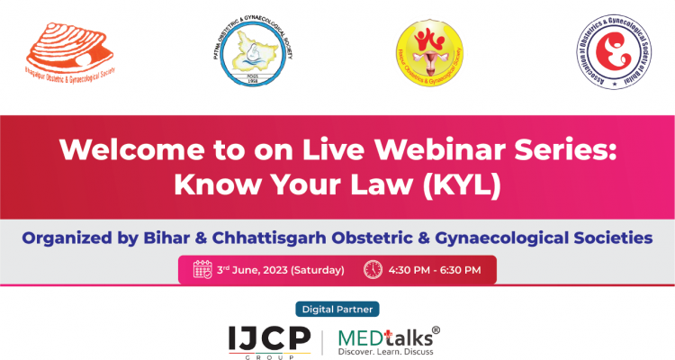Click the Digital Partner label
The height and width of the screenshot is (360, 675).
337,307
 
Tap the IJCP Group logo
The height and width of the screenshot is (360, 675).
269,340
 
